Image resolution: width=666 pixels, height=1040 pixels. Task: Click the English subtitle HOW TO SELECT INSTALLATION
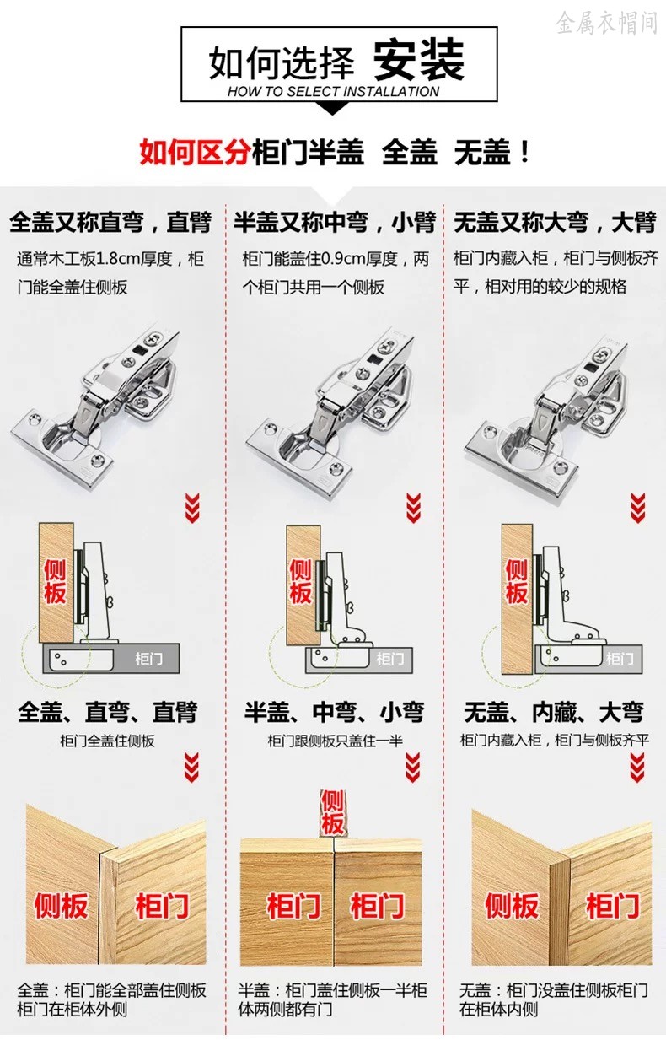pos(333,92)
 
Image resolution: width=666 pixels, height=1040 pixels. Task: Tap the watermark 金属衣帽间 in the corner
pos(605,23)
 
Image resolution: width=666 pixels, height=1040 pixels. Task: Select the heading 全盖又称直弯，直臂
pos(110,223)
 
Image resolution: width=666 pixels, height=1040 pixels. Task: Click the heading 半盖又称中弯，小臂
pos(335,223)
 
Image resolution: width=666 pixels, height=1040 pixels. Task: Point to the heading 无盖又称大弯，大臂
pos(555,223)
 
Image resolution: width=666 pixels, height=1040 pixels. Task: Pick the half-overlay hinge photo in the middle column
pos(330,401)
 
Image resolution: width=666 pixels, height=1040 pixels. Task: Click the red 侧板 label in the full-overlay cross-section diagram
pos(55,581)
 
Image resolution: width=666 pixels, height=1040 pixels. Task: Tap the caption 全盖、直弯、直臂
pos(107,712)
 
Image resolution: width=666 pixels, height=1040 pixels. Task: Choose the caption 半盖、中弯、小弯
pos(335,712)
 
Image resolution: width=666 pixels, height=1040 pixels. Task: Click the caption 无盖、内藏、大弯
pos(554,712)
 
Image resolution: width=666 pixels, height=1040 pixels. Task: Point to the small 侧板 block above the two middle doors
pos(332,813)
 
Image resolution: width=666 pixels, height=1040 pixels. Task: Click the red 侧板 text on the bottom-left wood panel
pos(61,907)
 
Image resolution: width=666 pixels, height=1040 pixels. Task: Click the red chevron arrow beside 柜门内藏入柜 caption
pos(638,768)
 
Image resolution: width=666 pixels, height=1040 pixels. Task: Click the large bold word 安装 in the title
pos(419,60)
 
